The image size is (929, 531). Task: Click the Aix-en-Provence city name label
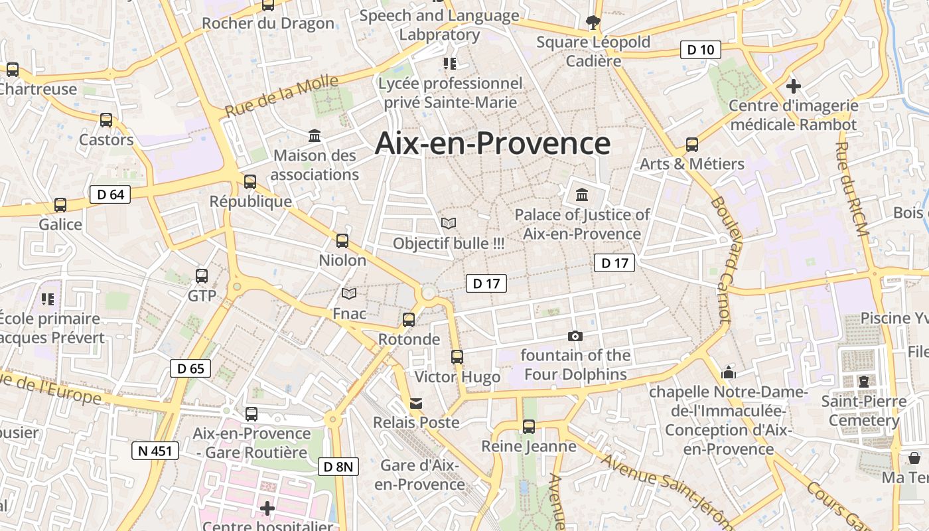492,143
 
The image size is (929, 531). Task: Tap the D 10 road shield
700,49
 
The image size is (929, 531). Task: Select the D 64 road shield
109,194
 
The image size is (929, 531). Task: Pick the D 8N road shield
338,467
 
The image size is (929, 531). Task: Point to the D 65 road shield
190,368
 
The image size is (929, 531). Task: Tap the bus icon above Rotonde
409,320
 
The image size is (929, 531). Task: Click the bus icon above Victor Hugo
457,356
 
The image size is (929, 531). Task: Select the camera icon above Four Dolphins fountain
575,336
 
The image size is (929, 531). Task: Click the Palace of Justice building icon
582,194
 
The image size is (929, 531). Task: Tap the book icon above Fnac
349,293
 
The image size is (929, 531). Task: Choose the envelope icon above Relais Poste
416,403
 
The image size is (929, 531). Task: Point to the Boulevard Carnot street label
720,260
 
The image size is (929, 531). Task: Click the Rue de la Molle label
282,97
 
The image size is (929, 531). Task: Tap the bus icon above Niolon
342,240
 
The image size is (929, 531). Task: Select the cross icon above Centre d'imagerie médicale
793,86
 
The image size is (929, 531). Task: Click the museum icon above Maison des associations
315,135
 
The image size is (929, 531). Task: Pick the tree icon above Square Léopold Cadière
593,23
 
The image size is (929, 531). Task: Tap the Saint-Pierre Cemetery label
863,411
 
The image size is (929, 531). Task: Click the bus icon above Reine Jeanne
529,426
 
